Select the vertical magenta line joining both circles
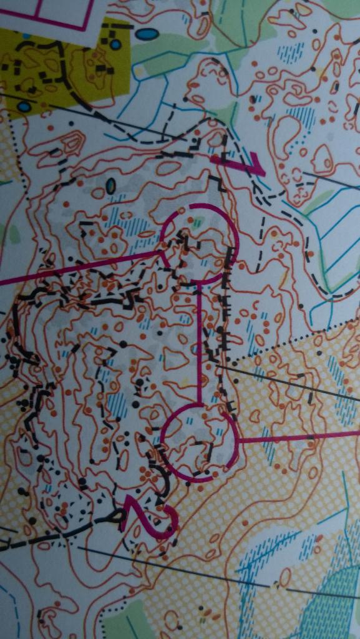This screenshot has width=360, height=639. [199, 343]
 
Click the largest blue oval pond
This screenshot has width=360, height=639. [146, 34]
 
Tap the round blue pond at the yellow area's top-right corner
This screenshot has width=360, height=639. [115, 44]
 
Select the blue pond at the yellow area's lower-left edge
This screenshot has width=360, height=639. [24, 107]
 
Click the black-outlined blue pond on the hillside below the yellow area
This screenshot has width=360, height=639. [110, 185]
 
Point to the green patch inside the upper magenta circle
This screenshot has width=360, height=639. [198, 222]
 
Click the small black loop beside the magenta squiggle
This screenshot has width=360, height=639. [117, 516]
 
